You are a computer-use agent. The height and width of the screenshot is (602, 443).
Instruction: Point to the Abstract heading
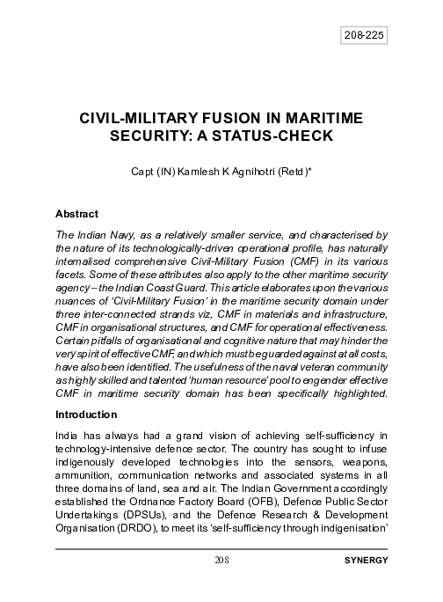click(x=76, y=214)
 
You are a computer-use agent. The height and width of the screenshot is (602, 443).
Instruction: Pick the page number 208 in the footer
click(x=221, y=560)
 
